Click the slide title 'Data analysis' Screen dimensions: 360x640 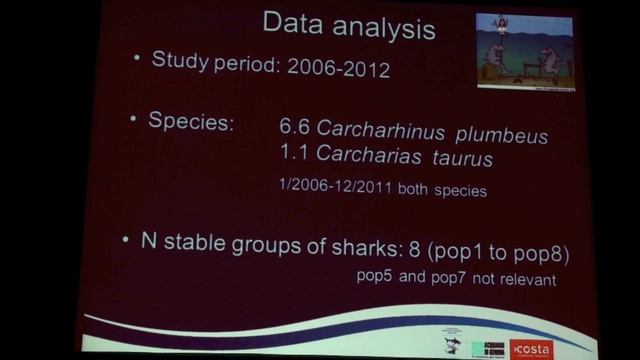[348, 27]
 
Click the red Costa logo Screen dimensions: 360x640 [530, 347]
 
